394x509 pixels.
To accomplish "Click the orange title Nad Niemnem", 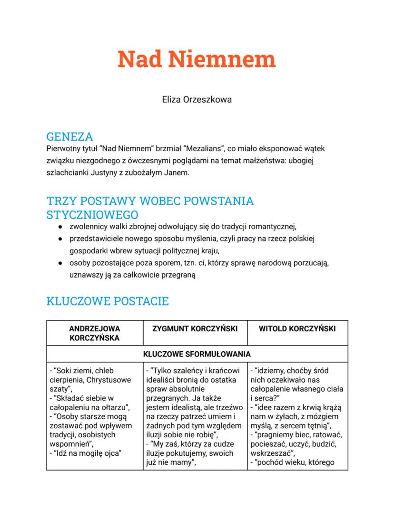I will point(197,59).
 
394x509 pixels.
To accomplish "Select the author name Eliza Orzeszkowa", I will point(197,100).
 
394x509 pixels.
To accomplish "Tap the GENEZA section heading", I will point(69,137).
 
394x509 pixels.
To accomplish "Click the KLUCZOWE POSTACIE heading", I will point(107,301).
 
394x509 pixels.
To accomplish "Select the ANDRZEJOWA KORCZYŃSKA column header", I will point(95,333).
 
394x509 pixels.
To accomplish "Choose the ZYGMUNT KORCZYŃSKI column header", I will point(195,328).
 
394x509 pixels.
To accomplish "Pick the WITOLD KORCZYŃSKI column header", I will point(297,328).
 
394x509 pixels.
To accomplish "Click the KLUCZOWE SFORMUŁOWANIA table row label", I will point(197,354).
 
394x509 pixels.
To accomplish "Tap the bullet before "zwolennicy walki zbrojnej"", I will point(60,226).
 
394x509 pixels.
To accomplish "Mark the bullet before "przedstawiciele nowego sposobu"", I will point(60,238).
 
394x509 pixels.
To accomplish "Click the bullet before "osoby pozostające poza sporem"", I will point(60,263).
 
